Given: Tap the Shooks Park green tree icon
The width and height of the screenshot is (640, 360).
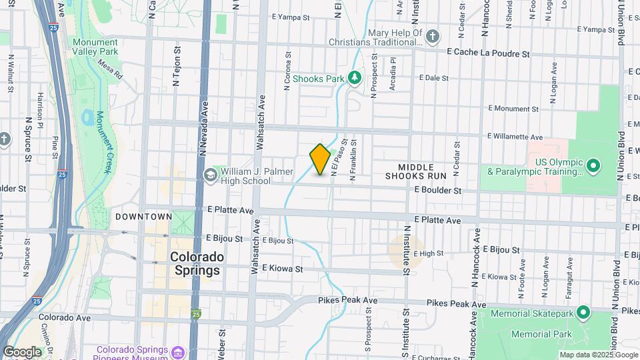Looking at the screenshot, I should point(355,79).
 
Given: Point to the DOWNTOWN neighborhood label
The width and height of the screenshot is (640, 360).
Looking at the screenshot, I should point(144,217).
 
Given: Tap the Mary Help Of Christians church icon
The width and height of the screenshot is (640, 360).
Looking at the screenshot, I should point(433,35).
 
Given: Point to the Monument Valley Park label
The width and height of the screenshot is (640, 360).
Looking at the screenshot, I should point(95,47).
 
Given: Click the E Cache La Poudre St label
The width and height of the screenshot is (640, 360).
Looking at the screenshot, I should point(488,52).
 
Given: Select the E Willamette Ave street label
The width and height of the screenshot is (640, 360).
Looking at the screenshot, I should point(515,137).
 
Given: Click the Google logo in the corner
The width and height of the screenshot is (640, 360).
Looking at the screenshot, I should point(21,352).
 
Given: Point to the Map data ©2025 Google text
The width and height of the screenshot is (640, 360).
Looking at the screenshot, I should point(598,355).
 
